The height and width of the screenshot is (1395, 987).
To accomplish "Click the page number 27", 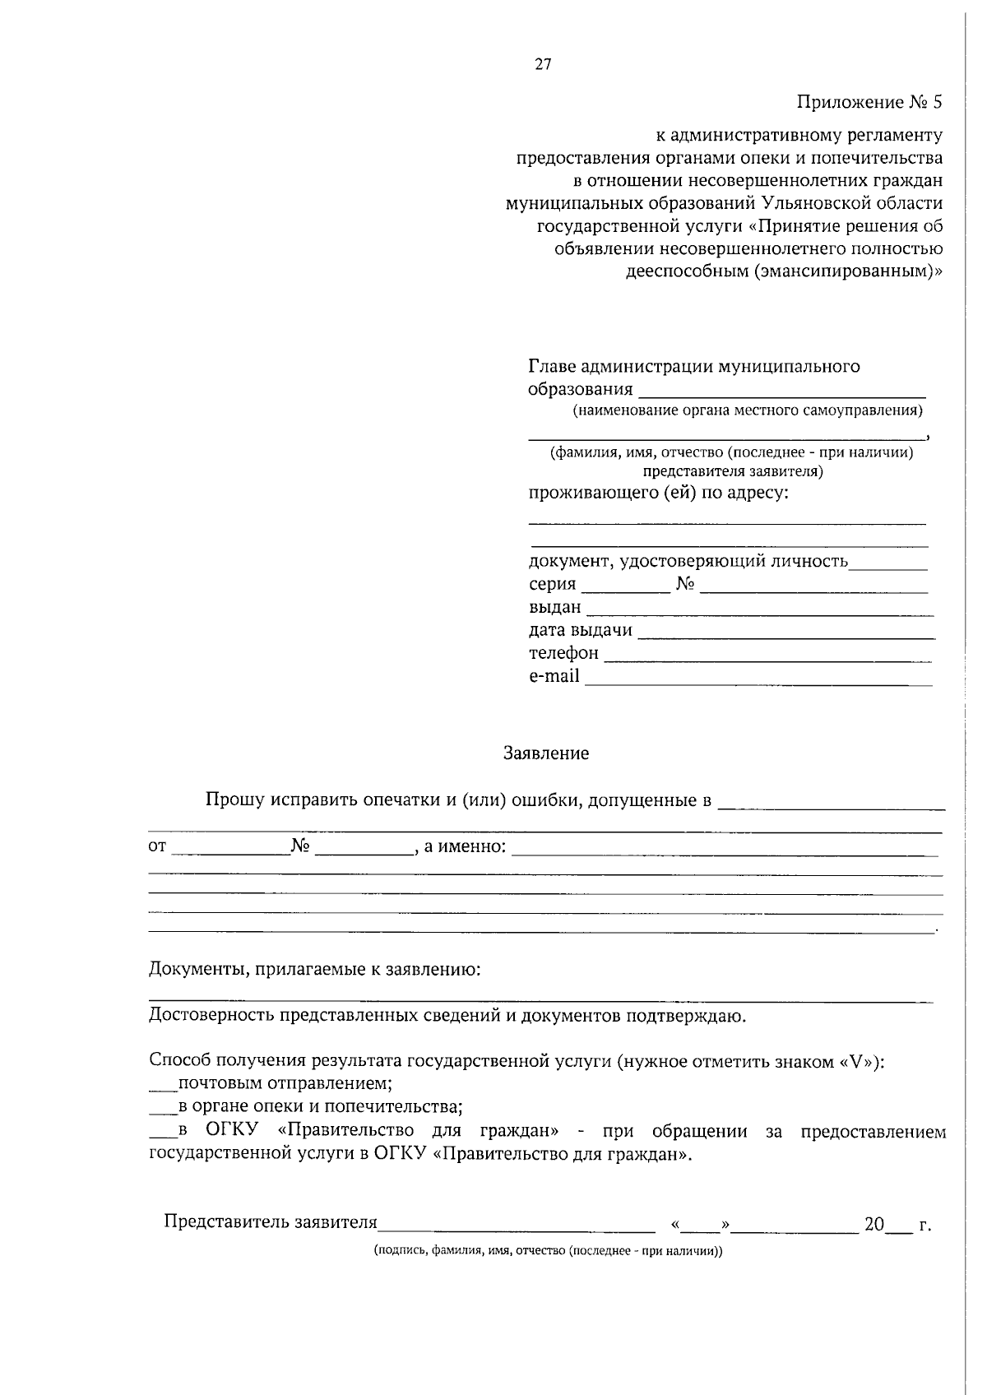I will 543,65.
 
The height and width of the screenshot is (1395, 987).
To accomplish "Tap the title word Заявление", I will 546,753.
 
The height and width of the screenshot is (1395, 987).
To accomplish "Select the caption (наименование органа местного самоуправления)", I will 748,410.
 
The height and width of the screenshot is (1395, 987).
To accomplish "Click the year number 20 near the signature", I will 873,1225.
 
